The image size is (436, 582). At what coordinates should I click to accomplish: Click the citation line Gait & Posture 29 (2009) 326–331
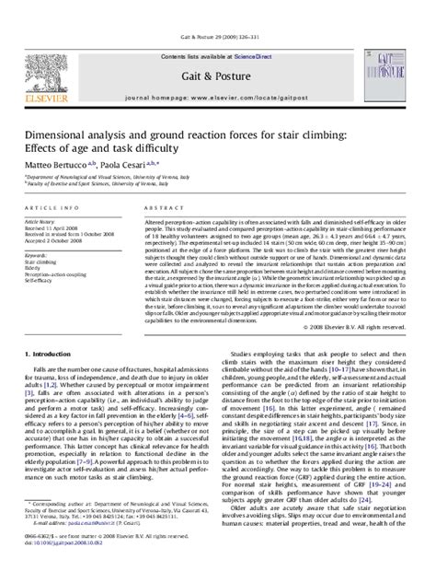tap(218, 11)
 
